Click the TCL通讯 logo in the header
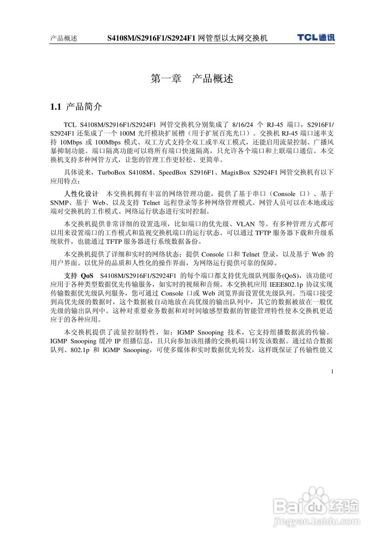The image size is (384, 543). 316,37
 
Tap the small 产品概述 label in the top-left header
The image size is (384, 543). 63,39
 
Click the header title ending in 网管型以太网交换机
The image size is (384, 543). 187,38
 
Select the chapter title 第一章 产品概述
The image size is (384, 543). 192,78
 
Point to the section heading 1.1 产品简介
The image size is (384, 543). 76,106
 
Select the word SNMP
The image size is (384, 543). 60,203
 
